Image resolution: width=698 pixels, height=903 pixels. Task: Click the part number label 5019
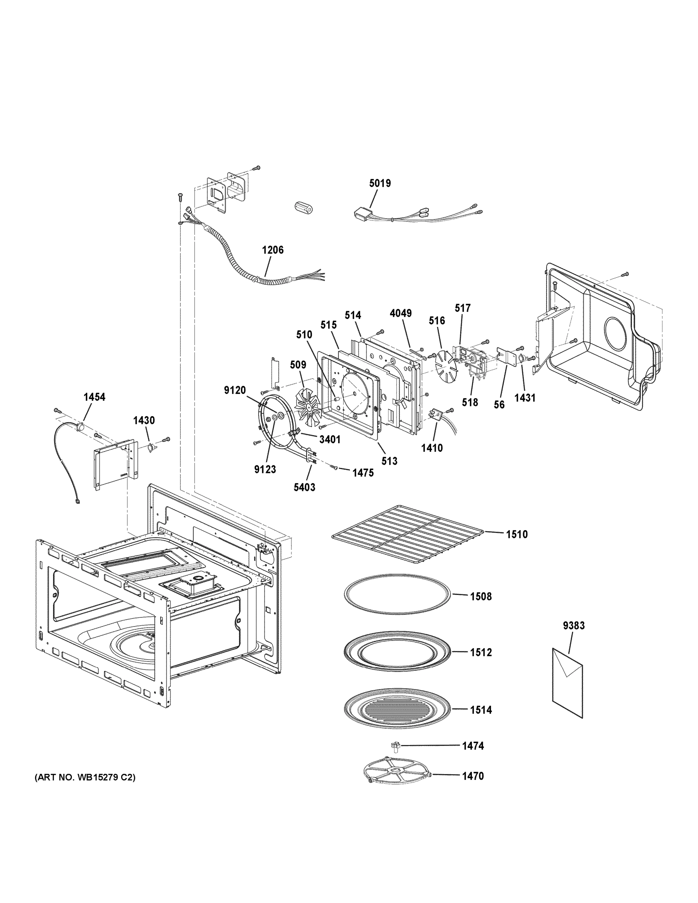point(380,183)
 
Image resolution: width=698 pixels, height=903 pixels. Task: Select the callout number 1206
point(272,250)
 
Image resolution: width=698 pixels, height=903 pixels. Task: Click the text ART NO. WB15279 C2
point(84,778)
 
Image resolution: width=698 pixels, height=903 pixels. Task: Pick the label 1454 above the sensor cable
point(94,397)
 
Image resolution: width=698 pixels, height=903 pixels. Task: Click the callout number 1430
point(144,421)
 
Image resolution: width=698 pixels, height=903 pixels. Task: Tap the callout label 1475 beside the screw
point(363,473)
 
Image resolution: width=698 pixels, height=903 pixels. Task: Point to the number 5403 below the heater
point(304,488)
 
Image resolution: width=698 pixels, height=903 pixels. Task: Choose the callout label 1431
point(525,398)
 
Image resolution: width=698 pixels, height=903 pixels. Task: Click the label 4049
point(400,313)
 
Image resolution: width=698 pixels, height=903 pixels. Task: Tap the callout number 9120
point(235,390)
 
